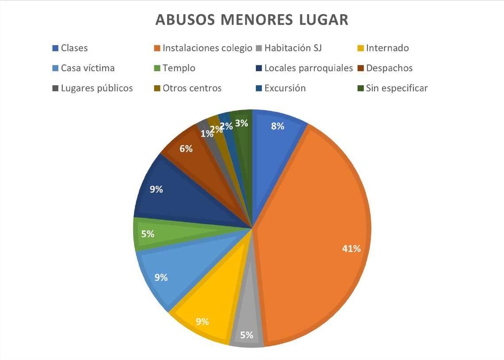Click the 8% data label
click(x=278, y=126)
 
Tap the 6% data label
click(x=186, y=149)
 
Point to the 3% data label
click(x=241, y=123)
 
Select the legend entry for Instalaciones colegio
click(x=207, y=48)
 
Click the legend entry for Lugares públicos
click(x=97, y=88)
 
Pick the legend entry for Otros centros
click(x=192, y=88)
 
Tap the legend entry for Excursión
click(x=285, y=88)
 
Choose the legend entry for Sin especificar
click(x=397, y=88)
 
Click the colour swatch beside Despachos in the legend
click(x=360, y=68)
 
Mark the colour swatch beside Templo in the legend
click(x=157, y=68)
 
